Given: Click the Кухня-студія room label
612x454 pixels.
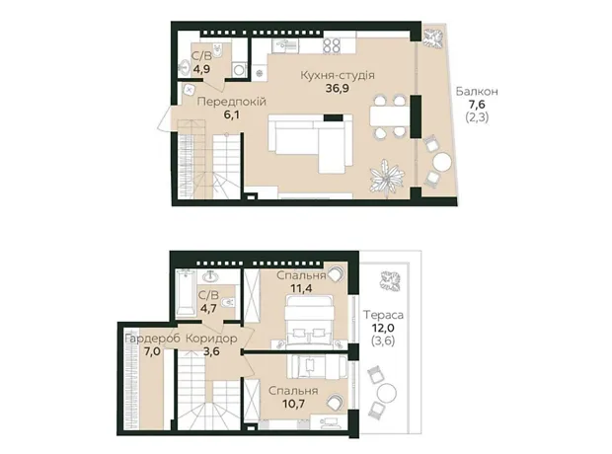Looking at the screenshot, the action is coord(338,75).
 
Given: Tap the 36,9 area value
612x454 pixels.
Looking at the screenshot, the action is coord(338,88).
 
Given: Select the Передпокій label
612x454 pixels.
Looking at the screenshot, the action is coord(231,102).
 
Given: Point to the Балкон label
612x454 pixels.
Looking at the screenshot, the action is coord(477,92).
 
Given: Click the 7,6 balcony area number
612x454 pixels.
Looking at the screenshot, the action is coord(477,105).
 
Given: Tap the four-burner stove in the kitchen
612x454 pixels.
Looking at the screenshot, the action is coord(333,45).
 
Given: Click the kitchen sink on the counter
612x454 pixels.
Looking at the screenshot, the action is coord(285,44).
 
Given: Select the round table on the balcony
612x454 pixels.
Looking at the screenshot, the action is coord(442,162).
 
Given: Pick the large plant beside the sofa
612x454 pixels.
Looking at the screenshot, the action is coord(386,178).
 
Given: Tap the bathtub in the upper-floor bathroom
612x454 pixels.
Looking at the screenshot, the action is coord(185,292).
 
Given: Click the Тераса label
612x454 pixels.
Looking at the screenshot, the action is coord(383,314).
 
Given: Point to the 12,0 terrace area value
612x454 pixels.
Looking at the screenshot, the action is coord(383,328).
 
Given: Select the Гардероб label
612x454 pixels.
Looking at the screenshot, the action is coord(152,339).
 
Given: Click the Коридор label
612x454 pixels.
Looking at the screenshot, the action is coord(211,339).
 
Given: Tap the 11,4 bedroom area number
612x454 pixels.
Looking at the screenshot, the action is coord(301,289).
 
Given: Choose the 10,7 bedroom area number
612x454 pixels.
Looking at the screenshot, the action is coord(293,404).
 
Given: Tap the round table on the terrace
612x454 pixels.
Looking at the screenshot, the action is coord(386,393).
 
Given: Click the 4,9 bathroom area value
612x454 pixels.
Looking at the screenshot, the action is coord(201,69).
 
